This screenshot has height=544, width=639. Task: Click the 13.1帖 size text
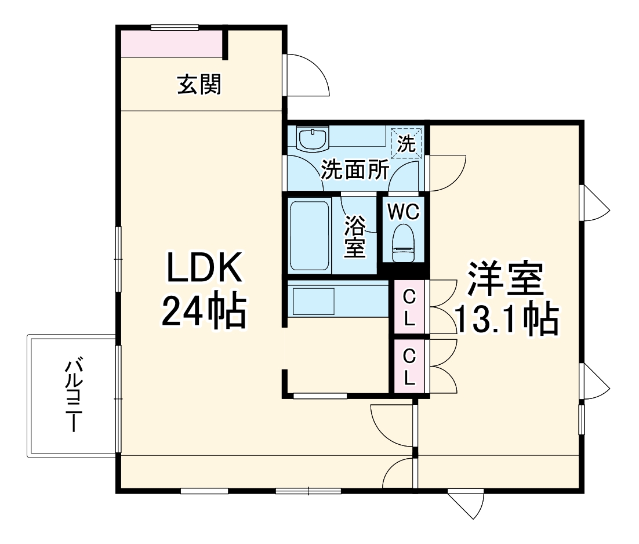[x=507, y=318]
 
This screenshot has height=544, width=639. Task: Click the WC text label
[x=404, y=212]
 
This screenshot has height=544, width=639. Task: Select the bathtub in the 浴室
[x=310, y=235]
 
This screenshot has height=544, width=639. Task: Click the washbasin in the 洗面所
[x=312, y=139]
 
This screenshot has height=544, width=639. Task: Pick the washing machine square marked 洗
[x=407, y=143]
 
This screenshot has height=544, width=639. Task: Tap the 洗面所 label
[x=355, y=170]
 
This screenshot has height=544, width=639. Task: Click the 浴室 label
[x=355, y=237]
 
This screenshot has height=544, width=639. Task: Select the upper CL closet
[x=409, y=307]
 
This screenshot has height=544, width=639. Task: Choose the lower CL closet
[x=409, y=367]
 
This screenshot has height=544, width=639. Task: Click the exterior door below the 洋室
[x=467, y=502]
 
